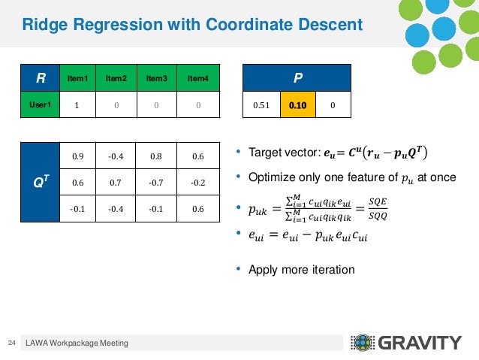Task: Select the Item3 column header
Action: pos(157,77)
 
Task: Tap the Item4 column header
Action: pos(197,77)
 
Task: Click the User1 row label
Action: pos(39,105)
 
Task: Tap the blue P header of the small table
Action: pos(298,77)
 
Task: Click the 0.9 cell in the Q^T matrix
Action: pos(78,156)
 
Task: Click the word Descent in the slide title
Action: pos(327,26)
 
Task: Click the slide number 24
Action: pos(11,343)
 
